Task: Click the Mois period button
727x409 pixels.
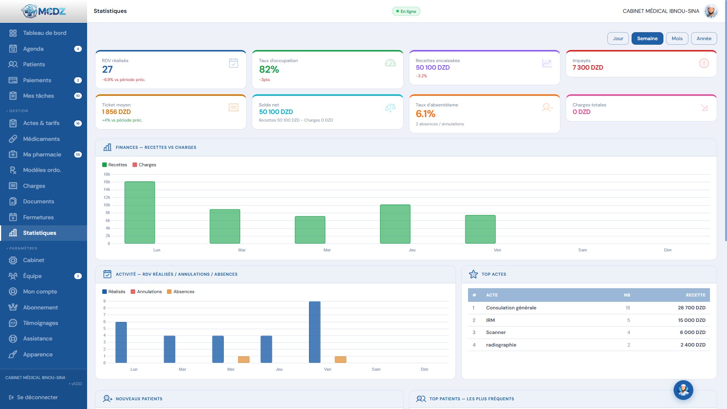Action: [x=677, y=38]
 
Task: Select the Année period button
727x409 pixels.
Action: [x=704, y=38]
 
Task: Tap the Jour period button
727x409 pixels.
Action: [x=618, y=38]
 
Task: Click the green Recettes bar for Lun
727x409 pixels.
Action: [x=140, y=212]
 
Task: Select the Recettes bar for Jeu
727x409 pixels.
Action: [x=395, y=224]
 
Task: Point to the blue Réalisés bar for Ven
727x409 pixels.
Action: [x=315, y=332]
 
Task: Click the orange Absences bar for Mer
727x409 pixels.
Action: [x=244, y=359]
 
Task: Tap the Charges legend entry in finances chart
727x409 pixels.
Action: [x=144, y=165]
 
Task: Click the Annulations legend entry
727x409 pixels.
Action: [x=146, y=292]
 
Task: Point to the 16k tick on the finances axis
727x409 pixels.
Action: [x=107, y=182]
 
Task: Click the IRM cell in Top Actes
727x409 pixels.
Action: [x=490, y=320]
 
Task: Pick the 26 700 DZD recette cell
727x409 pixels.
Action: [x=691, y=308]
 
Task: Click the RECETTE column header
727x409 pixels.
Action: [x=696, y=295]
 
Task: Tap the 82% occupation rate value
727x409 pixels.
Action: [x=269, y=69]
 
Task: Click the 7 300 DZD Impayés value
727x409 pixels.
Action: [x=588, y=67]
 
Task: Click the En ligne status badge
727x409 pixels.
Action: [x=406, y=11]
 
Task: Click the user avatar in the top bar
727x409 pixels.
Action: [x=711, y=11]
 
